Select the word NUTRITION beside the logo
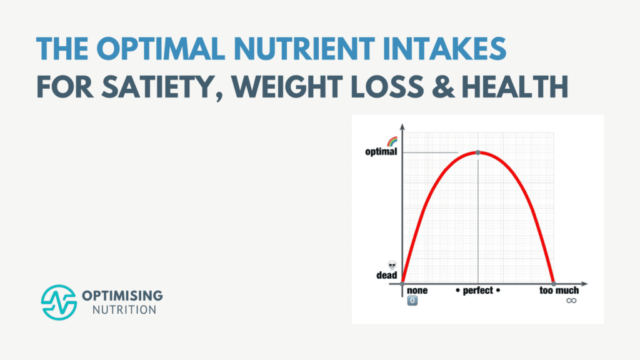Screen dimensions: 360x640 pyautogui.click(x=119, y=309)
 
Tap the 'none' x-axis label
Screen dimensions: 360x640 pyautogui.click(x=417, y=291)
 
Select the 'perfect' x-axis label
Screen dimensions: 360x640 pyautogui.click(x=478, y=291)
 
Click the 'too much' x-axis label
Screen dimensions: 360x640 pyautogui.click(x=559, y=291)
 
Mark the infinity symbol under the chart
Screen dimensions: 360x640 pyautogui.click(x=571, y=301)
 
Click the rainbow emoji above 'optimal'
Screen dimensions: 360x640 pyautogui.click(x=392, y=142)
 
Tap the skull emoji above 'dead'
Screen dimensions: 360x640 pyautogui.click(x=392, y=266)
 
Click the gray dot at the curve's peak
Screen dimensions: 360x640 pyautogui.click(x=478, y=152)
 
